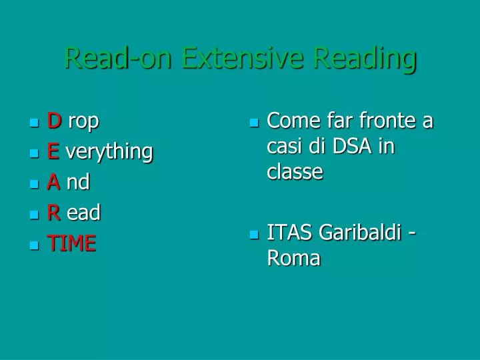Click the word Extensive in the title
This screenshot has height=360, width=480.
(x=243, y=58)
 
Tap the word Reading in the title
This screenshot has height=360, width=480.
(x=365, y=58)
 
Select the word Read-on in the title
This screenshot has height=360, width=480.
(x=121, y=58)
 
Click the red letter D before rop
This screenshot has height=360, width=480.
(x=55, y=121)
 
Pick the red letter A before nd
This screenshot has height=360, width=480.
(x=54, y=182)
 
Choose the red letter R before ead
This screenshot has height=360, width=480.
(x=54, y=213)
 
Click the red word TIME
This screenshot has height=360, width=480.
(x=72, y=243)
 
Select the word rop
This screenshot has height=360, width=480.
(x=84, y=121)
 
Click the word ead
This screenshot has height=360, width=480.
(x=84, y=213)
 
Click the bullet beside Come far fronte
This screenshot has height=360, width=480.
(x=253, y=123)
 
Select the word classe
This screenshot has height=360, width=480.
(x=294, y=171)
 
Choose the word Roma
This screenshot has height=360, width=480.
(x=293, y=258)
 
